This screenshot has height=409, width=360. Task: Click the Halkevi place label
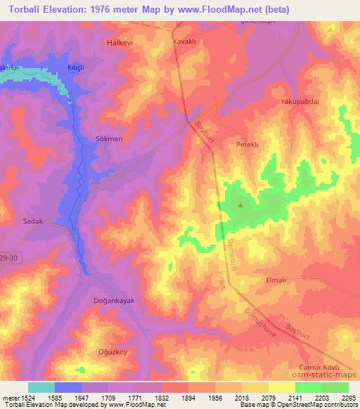[x=118, y=43]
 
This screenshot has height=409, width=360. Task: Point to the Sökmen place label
[x=109, y=139]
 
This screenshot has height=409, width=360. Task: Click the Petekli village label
[x=247, y=143]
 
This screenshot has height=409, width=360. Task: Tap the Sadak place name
[x=33, y=221]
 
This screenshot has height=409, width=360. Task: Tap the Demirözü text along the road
[x=229, y=247]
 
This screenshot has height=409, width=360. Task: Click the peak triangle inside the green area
[x=240, y=206]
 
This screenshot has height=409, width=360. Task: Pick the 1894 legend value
[x=188, y=398]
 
